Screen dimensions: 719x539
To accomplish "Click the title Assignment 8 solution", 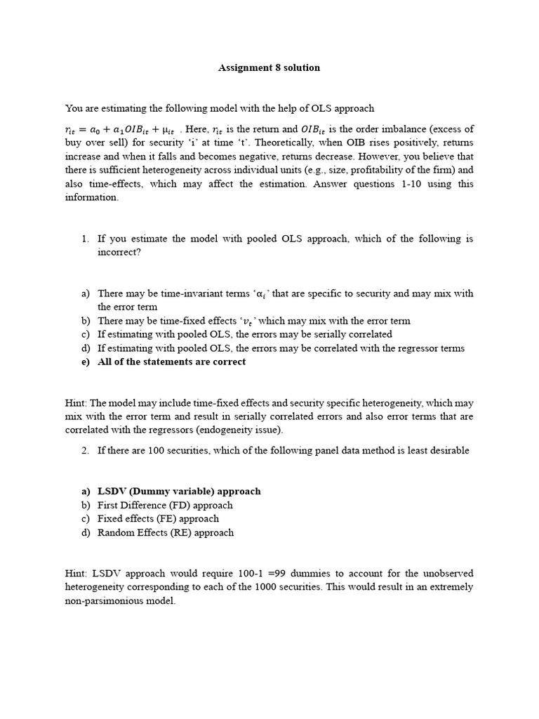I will (269, 68).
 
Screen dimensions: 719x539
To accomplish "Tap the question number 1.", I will (84, 239).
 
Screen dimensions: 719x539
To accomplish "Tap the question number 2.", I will (84, 450).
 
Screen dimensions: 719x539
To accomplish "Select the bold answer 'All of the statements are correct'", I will (171, 362).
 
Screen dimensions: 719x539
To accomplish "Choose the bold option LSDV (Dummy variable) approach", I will (179, 492).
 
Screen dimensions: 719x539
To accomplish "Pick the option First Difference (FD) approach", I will (165, 505).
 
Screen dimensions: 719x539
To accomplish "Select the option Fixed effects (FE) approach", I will (158, 519).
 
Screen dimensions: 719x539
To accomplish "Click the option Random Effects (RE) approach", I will (166, 532).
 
